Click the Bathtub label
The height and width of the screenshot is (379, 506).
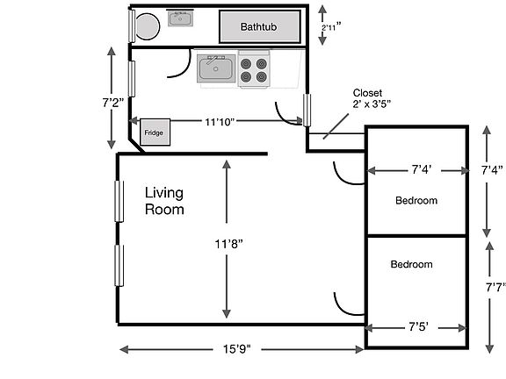click(x=258, y=26)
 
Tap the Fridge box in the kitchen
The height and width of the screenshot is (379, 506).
click(x=155, y=132)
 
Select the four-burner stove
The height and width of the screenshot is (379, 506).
click(x=254, y=69)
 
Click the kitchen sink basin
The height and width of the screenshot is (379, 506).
click(x=216, y=68)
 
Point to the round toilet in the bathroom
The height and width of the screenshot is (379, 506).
click(x=148, y=26)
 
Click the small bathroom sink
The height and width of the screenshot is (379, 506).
click(x=180, y=18)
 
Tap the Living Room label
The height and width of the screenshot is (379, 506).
click(x=164, y=201)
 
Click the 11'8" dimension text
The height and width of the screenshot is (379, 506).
click(x=228, y=244)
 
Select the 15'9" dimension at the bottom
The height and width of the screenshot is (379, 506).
click(x=237, y=349)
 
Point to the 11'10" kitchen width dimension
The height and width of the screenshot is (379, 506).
click(x=220, y=122)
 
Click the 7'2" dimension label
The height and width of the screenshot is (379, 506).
click(x=113, y=103)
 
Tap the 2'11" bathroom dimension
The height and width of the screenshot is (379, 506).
click(x=331, y=27)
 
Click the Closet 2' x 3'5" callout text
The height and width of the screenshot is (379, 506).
click(x=372, y=98)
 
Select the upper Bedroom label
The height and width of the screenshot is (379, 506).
click(x=416, y=200)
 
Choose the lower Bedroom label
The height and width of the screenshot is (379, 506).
click(x=411, y=264)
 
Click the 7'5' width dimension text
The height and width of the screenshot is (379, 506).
click(x=418, y=327)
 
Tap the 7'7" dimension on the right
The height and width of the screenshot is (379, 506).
click(x=495, y=287)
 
